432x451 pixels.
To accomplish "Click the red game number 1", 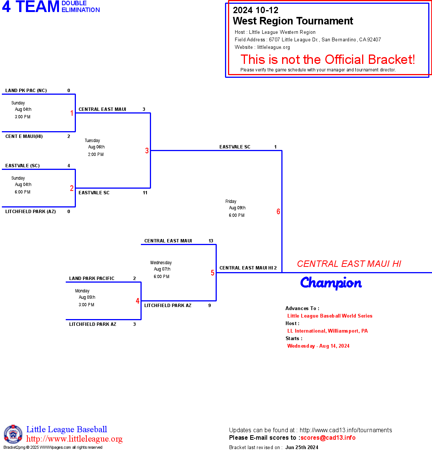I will click(72, 113).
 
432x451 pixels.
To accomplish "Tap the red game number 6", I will click(278, 212).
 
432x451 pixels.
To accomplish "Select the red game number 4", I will click(137, 301).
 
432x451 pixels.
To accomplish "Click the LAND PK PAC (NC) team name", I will click(26, 91).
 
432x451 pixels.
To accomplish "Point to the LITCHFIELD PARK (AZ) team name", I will click(30, 212).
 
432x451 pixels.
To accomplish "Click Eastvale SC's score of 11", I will click(145, 193).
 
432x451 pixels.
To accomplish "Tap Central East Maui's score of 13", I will click(211, 241).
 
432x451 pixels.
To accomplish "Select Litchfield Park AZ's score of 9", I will click(210, 306).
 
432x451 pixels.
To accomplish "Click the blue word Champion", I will click(331, 283).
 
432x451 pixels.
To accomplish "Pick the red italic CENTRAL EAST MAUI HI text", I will click(349, 264).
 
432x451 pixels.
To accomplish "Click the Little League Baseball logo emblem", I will click(13, 434).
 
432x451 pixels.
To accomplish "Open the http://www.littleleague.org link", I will click(74, 439).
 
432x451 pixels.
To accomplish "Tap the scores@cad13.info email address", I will click(328, 437).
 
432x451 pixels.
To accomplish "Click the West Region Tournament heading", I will click(293, 21).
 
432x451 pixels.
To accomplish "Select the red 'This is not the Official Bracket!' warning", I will click(328, 59).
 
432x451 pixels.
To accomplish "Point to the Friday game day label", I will click(231, 201).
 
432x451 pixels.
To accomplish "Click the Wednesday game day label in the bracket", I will click(161, 263).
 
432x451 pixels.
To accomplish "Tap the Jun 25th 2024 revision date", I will click(302, 447).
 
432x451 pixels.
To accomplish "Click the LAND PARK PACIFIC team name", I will click(92, 278).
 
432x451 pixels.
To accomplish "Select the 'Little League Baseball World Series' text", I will click(330, 316).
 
